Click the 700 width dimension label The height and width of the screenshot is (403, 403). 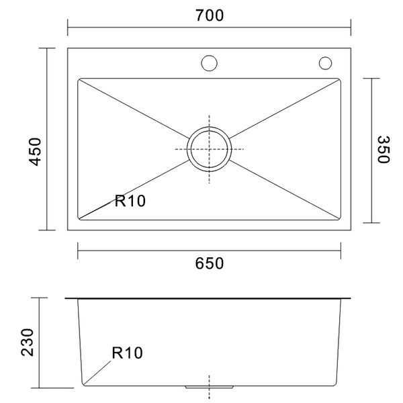coord(210,14)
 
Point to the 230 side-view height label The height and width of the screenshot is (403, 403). coord(28,343)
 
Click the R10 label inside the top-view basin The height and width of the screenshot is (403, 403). coord(130,199)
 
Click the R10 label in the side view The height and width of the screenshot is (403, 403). coord(128,352)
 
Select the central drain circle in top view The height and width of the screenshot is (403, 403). coord(210,148)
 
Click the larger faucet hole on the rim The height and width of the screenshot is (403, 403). coord(210,63)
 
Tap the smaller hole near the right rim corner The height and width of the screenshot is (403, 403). coord(326,63)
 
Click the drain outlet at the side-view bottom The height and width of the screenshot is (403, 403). coord(210,388)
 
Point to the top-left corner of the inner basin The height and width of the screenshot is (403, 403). coord(79,80)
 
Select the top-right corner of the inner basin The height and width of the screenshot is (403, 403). coord(340,80)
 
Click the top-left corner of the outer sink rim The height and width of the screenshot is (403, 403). coord(69,48)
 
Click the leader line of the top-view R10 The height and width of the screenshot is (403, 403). coord(97,208)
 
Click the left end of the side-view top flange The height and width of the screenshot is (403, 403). coord(66,298)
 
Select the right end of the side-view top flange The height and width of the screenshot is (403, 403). coord(352,298)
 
